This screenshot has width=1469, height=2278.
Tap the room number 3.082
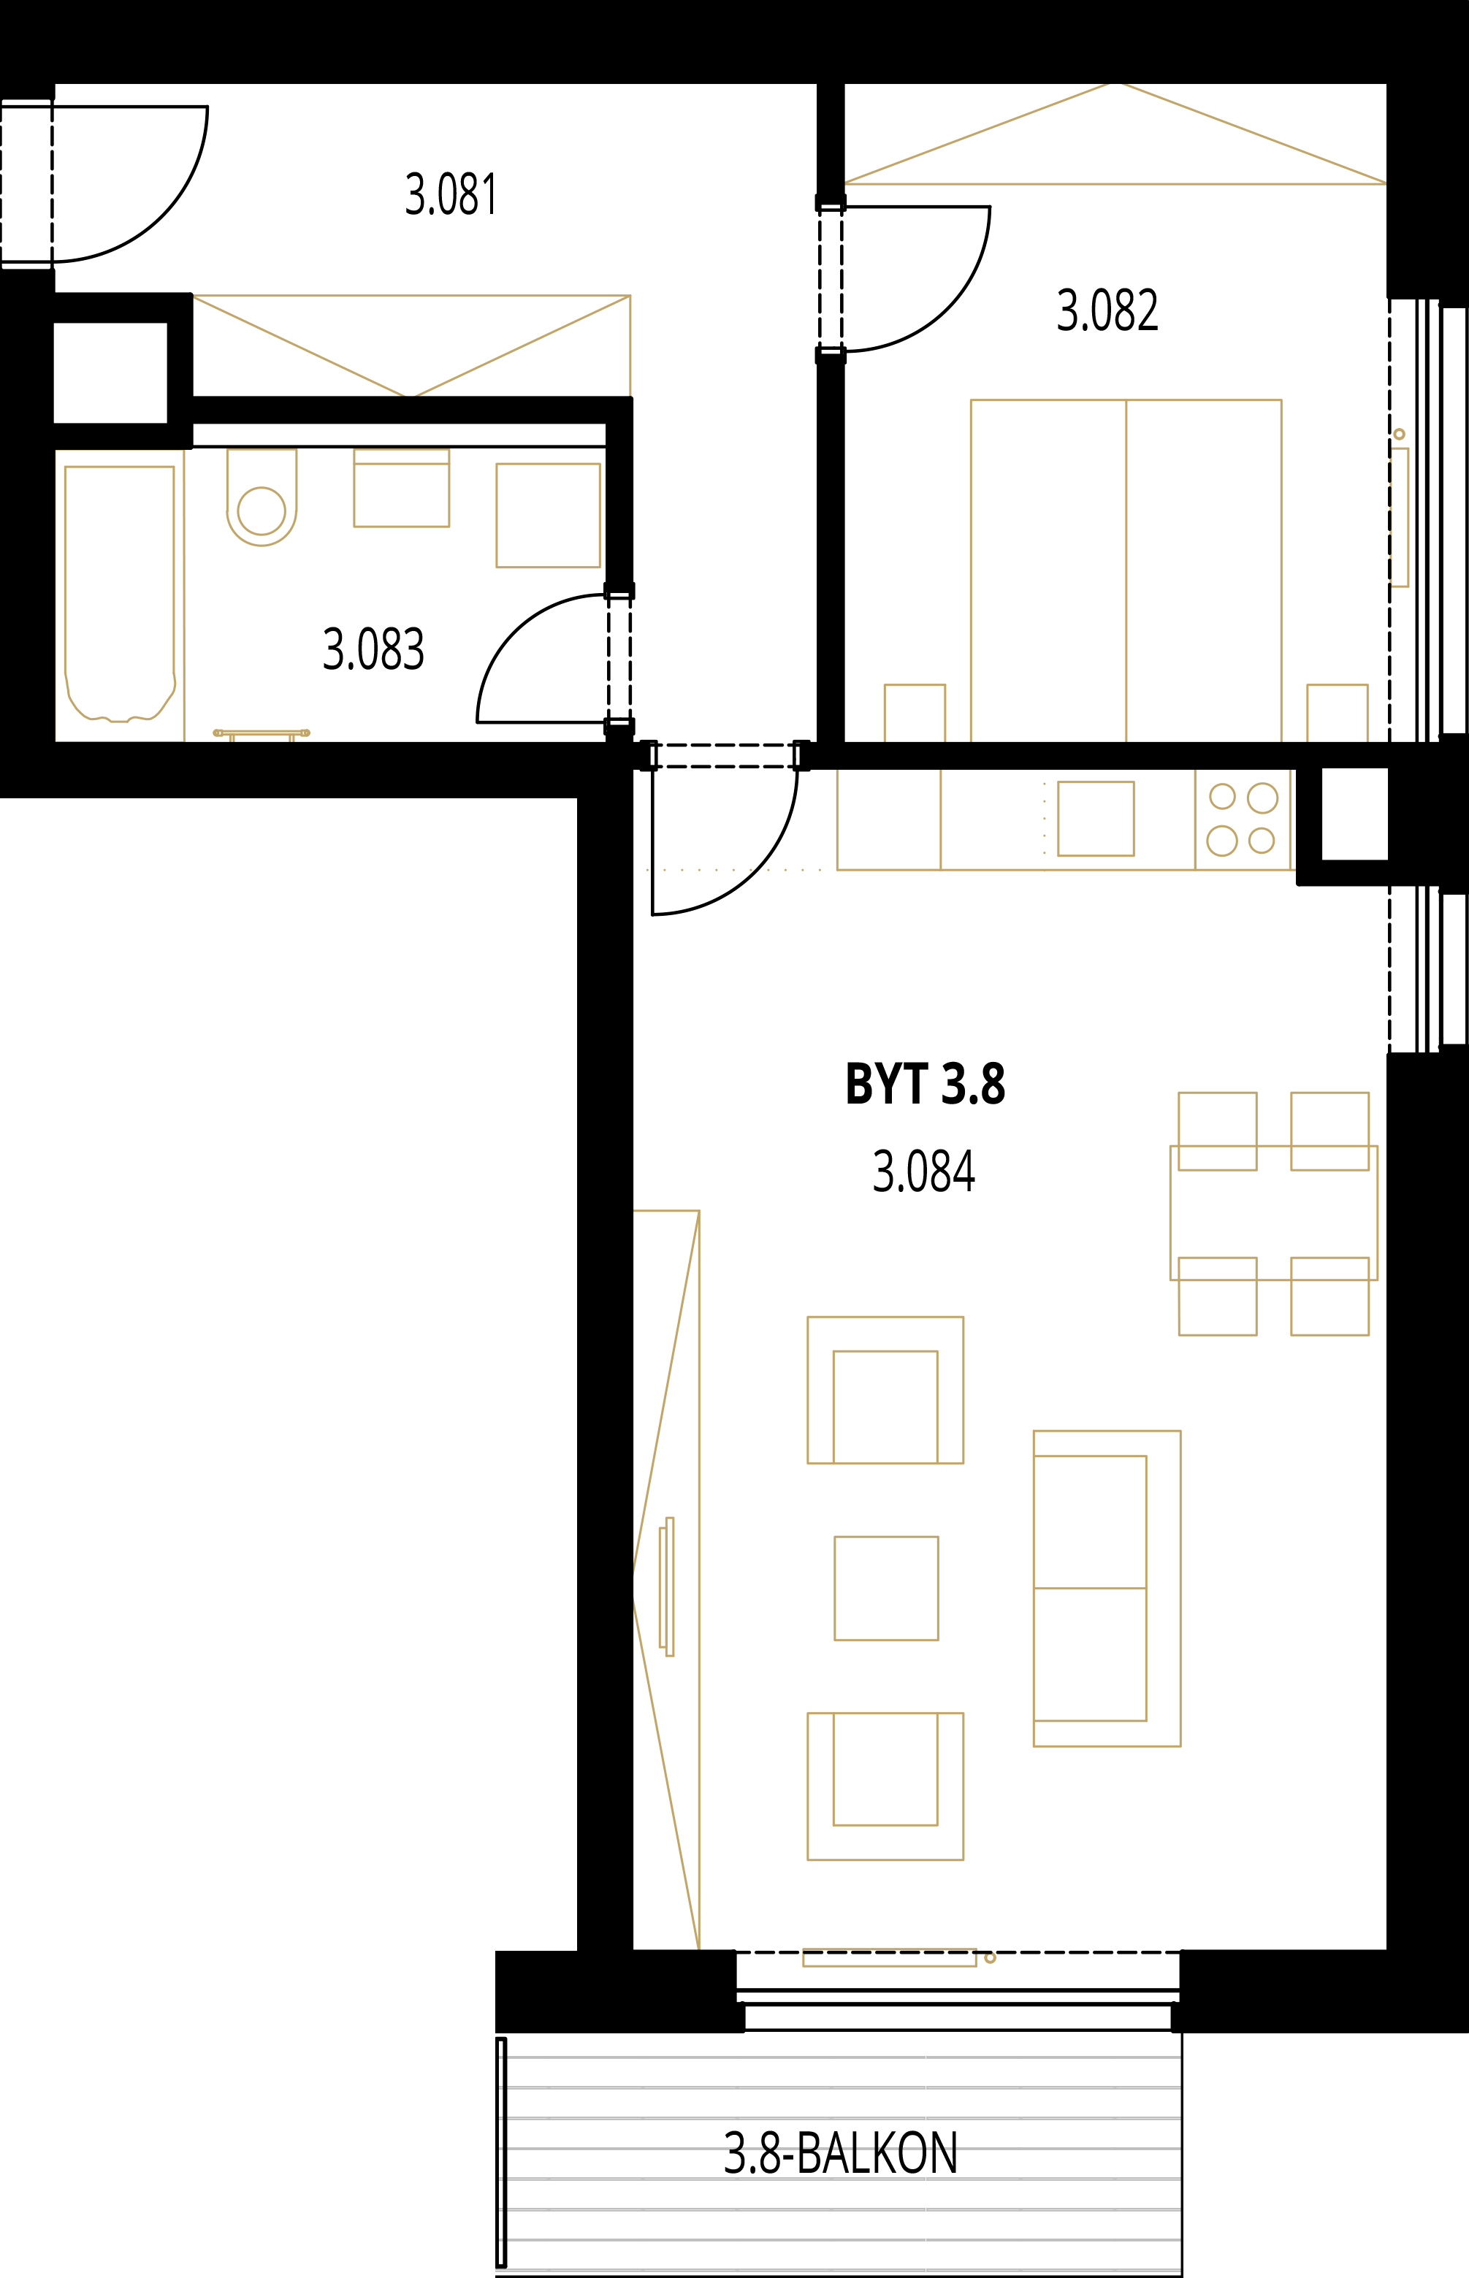click(1107, 311)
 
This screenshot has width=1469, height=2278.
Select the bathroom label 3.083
click(373, 649)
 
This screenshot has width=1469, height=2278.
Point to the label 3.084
click(923, 1172)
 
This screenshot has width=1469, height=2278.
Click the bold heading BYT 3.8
click(926, 1084)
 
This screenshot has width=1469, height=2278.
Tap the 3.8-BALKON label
click(840, 2153)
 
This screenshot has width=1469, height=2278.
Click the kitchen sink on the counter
click(1096, 818)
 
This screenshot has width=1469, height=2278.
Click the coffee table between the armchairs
click(886, 1588)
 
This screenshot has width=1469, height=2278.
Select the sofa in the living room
click(1107, 1588)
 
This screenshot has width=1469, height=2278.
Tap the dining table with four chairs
click(1273, 1213)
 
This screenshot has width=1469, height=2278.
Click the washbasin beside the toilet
click(402, 487)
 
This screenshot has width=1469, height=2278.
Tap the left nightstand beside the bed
click(915, 714)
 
